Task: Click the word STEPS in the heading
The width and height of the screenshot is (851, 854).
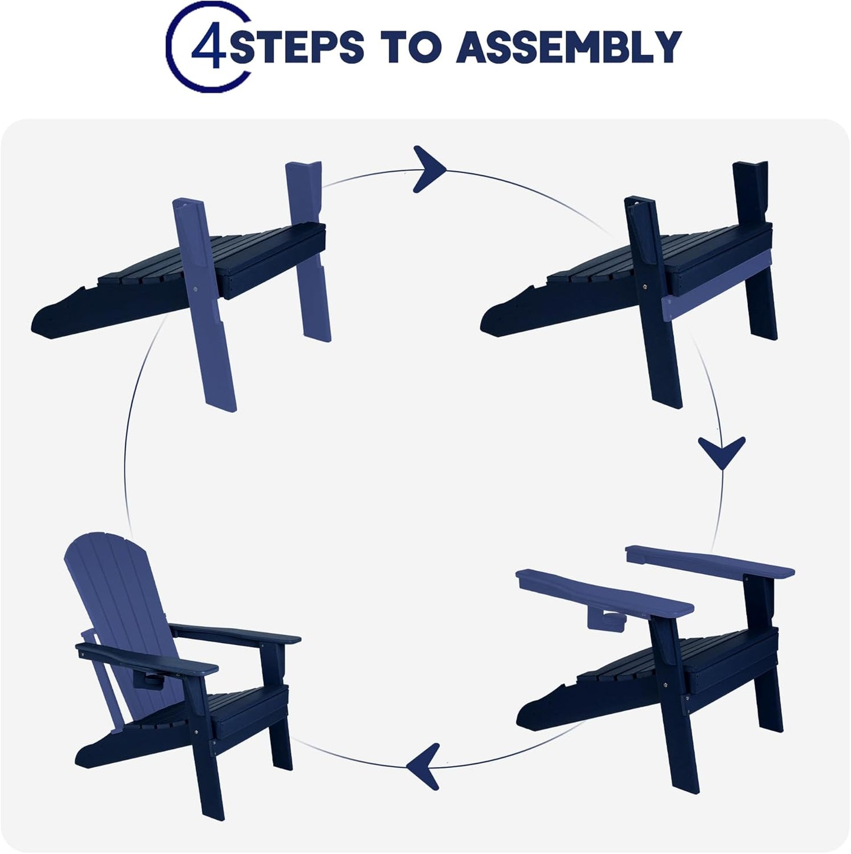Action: pyautogui.click(x=297, y=47)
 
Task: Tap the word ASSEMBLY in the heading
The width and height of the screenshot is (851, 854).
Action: pyautogui.click(x=569, y=47)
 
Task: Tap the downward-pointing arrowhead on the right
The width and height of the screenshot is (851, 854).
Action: pyautogui.click(x=721, y=452)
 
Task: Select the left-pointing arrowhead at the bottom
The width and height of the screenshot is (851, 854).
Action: pyautogui.click(x=423, y=766)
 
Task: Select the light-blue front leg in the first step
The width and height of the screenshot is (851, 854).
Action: pyautogui.click(x=204, y=305)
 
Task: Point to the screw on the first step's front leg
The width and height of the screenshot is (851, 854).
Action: pyautogui.click(x=196, y=290)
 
